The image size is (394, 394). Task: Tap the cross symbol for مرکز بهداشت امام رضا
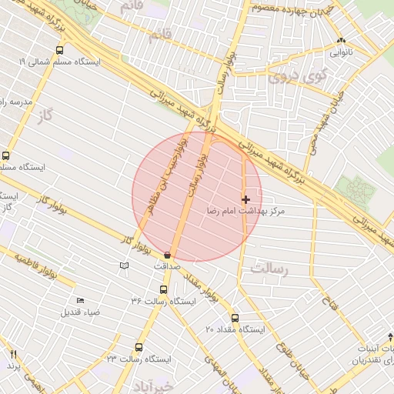pos(245,199)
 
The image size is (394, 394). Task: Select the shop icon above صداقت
pos(168,255)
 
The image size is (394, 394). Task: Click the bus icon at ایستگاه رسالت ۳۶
pos(162,289)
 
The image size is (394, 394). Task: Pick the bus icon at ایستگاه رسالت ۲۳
pos(139,347)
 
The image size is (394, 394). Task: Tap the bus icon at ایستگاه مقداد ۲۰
pos(235,318)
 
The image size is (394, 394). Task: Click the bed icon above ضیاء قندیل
pos(81,301)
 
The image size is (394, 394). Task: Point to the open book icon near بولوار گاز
pos(122,265)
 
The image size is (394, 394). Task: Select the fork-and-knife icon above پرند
pos(13,354)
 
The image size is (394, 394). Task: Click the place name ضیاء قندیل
pos(81,313)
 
